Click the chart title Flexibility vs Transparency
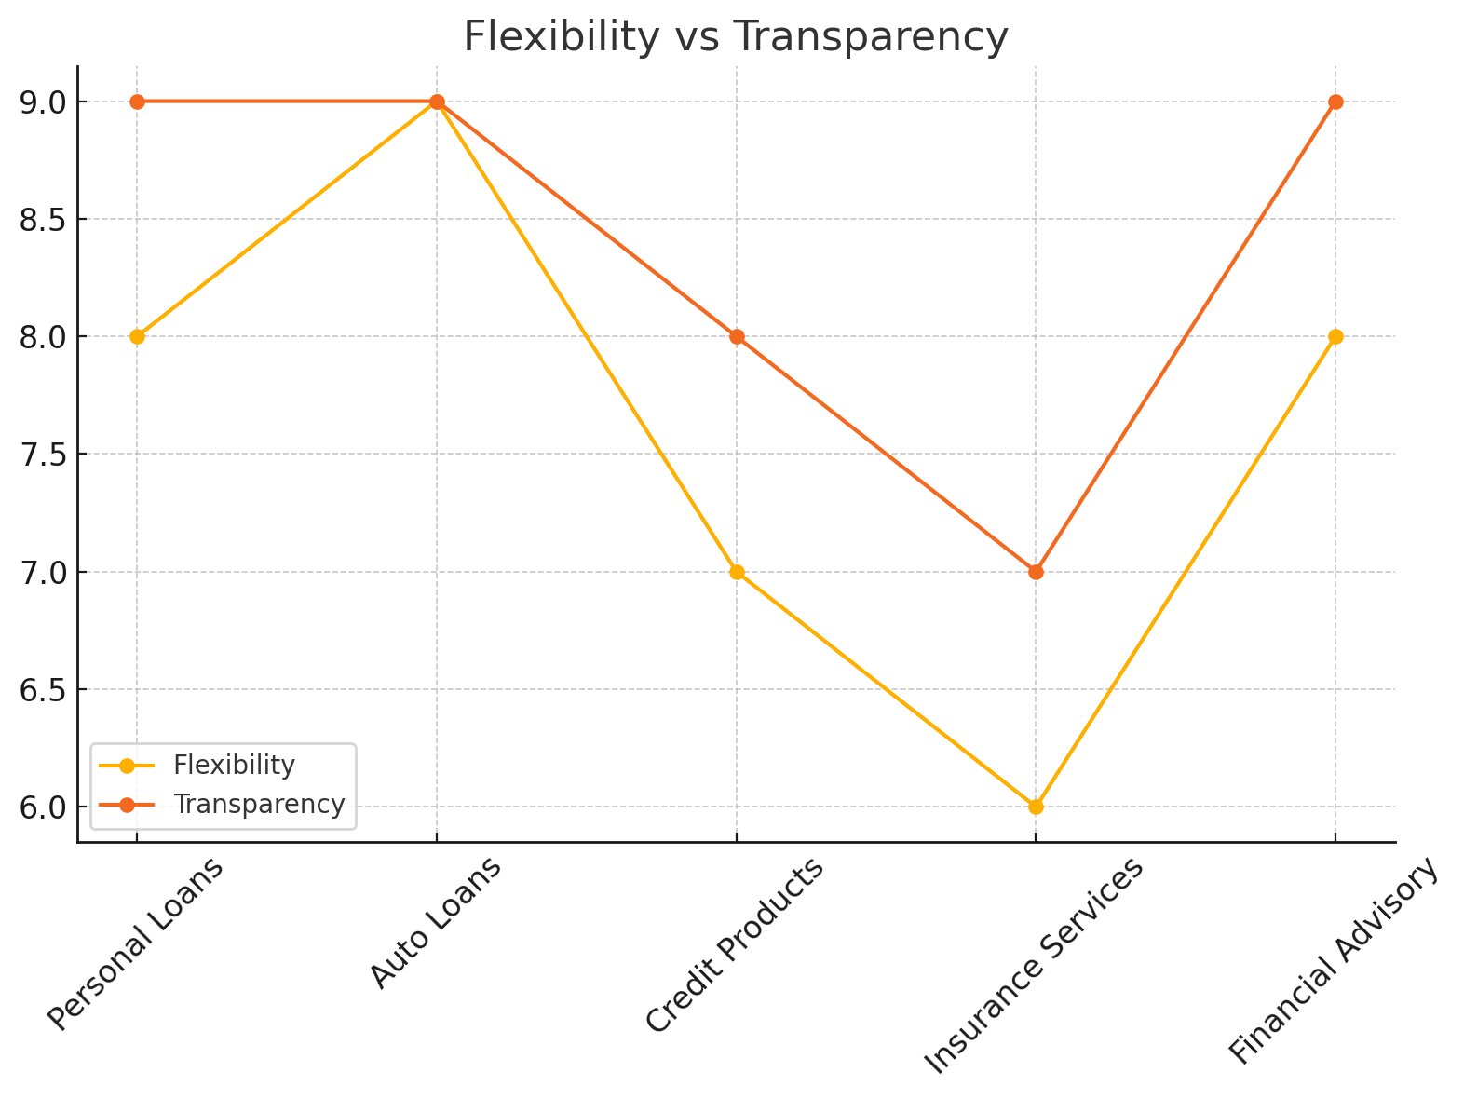[x=735, y=38]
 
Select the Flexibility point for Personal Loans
[x=137, y=336]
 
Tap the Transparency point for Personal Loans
[x=137, y=102]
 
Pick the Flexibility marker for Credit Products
[x=737, y=572]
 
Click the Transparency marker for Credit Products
[x=737, y=336]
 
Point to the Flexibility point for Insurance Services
[x=1036, y=807]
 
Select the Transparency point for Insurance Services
[x=1036, y=572]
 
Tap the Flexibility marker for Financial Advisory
[x=1335, y=336]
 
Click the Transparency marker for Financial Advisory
[x=1335, y=102]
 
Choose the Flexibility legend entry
[x=234, y=766]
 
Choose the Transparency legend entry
[x=259, y=805]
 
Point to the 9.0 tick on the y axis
[x=43, y=102]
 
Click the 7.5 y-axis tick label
[x=43, y=455]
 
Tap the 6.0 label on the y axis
[x=43, y=807]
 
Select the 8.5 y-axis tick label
[x=43, y=220]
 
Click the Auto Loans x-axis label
[x=436, y=922]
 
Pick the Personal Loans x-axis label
[x=136, y=943]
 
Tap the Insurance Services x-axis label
[x=1034, y=965]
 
